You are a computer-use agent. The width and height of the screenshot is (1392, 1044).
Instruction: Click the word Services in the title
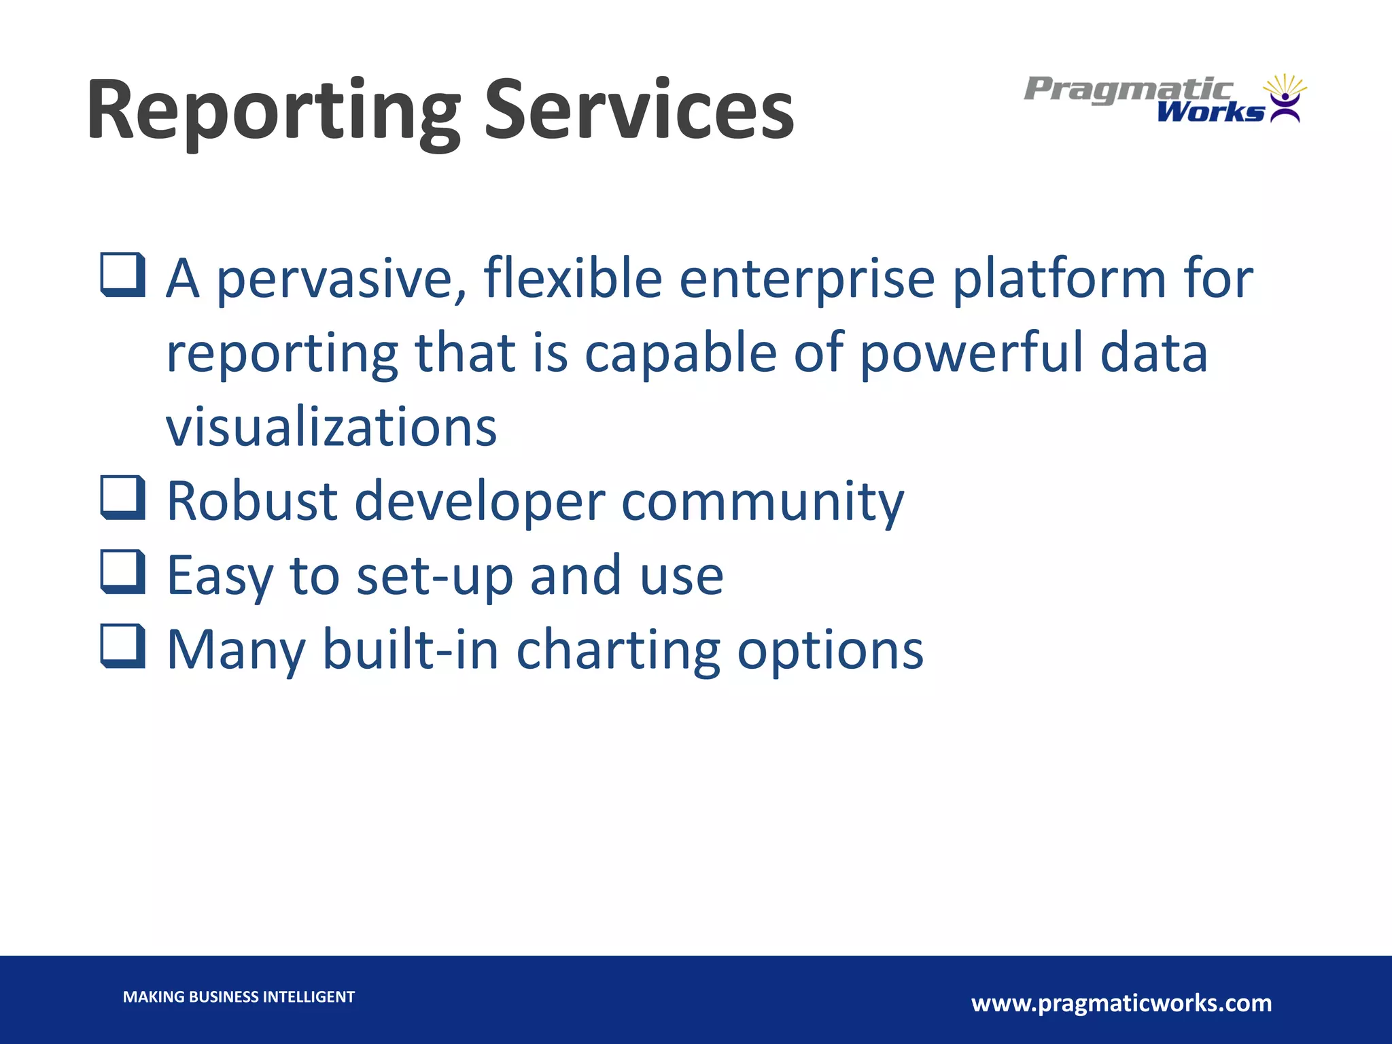coord(638,110)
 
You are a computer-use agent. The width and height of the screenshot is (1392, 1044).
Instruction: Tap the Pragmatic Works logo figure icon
coord(1285,99)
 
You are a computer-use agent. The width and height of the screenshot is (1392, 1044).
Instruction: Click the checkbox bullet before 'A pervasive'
coord(123,275)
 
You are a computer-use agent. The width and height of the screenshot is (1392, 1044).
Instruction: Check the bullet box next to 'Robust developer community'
coord(123,498)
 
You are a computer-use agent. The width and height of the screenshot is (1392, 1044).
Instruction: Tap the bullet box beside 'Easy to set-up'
coord(123,572)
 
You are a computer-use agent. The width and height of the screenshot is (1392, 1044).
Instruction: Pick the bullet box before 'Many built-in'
coord(123,646)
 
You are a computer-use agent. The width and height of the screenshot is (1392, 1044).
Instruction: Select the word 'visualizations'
coord(332,428)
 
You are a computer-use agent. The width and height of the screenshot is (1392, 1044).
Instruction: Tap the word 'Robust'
coord(252,502)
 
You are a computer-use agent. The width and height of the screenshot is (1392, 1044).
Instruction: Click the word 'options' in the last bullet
coord(831,650)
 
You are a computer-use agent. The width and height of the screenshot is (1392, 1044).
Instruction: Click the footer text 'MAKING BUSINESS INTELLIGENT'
coord(239,997)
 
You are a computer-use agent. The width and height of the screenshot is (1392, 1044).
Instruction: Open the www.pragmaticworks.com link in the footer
coord(1121,1003)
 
